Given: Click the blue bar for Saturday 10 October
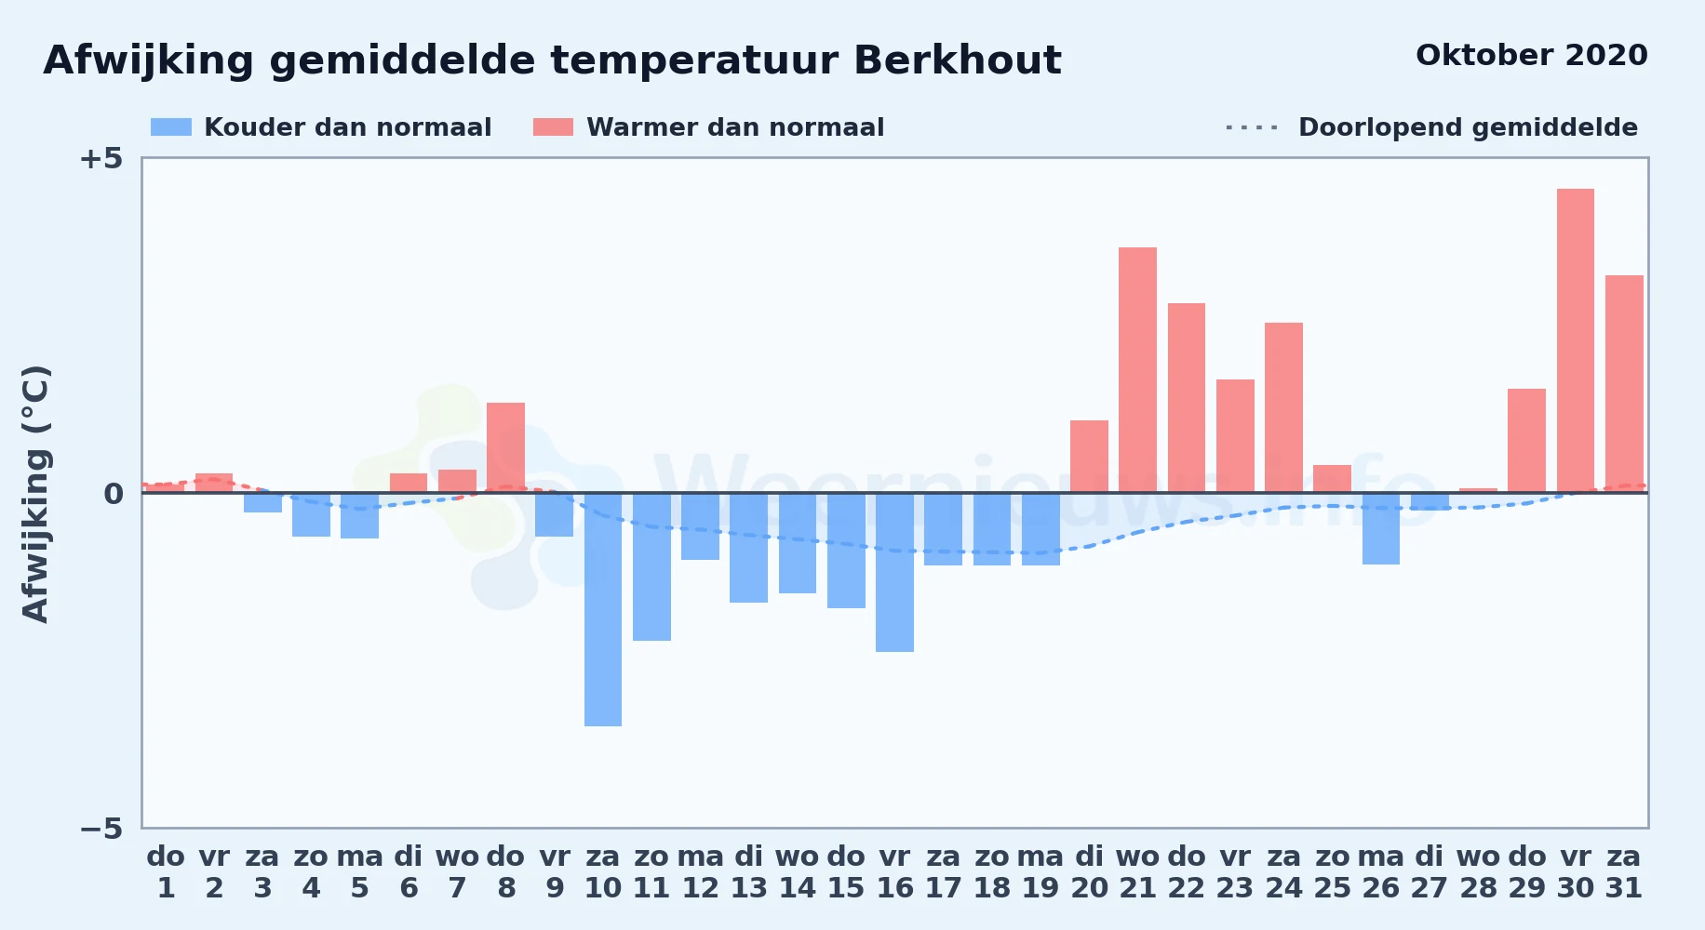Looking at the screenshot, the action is point(603,609).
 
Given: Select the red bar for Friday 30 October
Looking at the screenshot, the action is point(1576,340).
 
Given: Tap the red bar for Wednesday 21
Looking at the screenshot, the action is point(1137,370).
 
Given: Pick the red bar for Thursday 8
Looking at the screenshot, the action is point(505,447).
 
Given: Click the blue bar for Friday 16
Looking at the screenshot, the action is point(894,572).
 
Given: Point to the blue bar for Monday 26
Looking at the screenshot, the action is point(1381,528).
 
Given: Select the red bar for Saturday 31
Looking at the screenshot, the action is point(1624,384).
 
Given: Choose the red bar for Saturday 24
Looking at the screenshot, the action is point(1283,407).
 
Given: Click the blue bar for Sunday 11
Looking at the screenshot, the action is point(651,566).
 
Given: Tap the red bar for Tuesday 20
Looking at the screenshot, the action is point(1089,457).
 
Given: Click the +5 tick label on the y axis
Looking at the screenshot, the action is point(101,158).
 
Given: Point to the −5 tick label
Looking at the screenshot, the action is point(101,828).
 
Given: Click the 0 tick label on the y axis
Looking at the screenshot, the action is point(113,493).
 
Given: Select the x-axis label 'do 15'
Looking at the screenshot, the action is point(846,871).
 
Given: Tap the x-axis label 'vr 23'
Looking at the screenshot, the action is point(1235,871).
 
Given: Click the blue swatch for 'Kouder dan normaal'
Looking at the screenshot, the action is point(171,127).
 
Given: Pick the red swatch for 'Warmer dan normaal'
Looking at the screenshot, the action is point(553,127).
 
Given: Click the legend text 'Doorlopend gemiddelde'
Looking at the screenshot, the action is point(1468,127).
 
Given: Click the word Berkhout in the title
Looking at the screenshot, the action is point(958,60).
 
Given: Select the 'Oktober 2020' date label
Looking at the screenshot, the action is point(1532,55).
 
